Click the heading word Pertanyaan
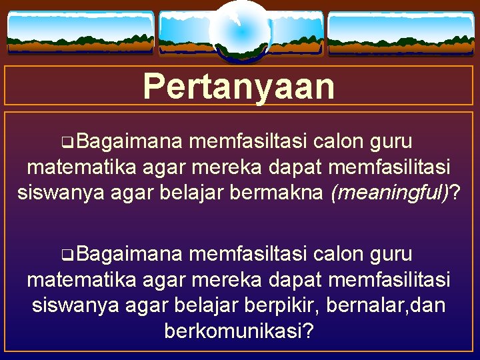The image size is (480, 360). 239,86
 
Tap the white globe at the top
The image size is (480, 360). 239,31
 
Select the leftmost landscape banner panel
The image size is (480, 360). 80,33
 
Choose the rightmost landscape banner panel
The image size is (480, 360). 400,34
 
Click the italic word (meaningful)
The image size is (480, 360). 389,193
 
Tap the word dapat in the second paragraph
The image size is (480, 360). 299,279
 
